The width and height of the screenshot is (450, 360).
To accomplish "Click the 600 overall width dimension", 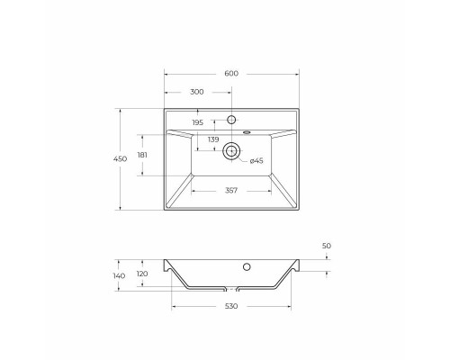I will [x=232, y=75].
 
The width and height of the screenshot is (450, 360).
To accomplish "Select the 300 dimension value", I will [x=197, y=93].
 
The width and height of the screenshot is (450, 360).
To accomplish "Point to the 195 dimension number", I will [x=198, y=123].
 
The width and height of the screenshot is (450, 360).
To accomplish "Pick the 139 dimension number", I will [x=213, y=139].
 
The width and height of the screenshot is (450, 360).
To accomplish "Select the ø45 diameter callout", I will [x=256, y=160].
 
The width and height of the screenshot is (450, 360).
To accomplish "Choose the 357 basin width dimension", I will [x=232, y=190].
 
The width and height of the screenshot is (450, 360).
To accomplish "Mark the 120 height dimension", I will [x=141, y=274].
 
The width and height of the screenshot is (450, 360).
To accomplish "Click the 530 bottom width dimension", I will [x=232, y=307].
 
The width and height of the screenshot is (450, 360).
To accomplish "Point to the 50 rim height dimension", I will [x=326, y=245].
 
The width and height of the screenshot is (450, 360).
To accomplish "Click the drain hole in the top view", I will [x=232, y=152].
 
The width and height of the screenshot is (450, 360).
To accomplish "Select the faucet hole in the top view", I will [x=232, y=119].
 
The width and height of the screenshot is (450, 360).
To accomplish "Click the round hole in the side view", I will [x=247, y=266].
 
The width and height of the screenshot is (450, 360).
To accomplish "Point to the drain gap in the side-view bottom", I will [x=232, y=291].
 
